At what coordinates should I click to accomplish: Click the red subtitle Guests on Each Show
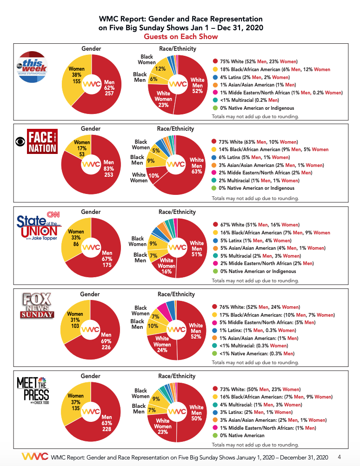[x=180, y=36]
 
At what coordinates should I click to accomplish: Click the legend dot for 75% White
[x=215, y=61]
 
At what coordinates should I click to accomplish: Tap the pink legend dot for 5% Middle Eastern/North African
[x=215, y=322]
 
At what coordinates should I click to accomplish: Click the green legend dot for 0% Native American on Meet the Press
[x=215, y=435]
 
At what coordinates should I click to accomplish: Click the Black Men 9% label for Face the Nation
[x=138, y=160]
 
